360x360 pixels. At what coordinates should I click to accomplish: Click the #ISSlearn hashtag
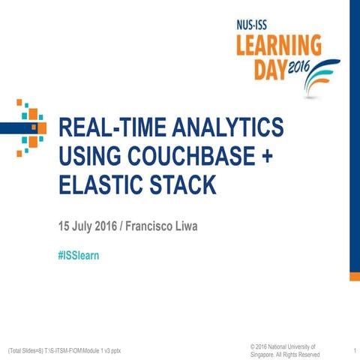click(x=79, y=256)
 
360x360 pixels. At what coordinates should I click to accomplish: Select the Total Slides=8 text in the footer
click(x=29, y=350)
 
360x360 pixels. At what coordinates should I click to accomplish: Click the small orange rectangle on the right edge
click(x=354, y=276)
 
